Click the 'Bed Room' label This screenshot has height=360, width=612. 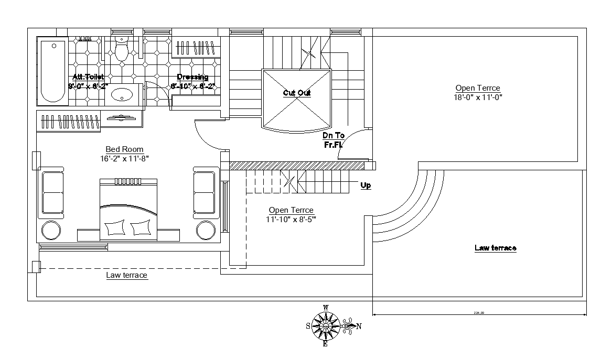tap(124, 149)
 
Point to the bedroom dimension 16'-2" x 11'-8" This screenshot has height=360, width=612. tap(124, 158)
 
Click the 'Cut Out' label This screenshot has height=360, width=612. tap(297, 93)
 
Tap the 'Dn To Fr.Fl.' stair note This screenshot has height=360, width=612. tap(334, 139)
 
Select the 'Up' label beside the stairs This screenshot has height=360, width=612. tap(366, 185)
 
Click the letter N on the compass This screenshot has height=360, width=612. tap(359, 326)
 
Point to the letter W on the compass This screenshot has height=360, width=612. tap(326, 308)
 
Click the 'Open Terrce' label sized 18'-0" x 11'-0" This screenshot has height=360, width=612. tap(477, 88)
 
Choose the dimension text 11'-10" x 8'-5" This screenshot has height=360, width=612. tap(291, 219)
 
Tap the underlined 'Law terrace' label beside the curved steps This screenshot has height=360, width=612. tap(495, 248)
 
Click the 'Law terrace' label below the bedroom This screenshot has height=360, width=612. tap(126, 275)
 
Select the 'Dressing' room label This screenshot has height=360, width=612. tap(192, 77)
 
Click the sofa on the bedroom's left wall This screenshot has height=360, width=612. tap(52, 192)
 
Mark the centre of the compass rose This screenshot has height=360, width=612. tap(325, 326)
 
